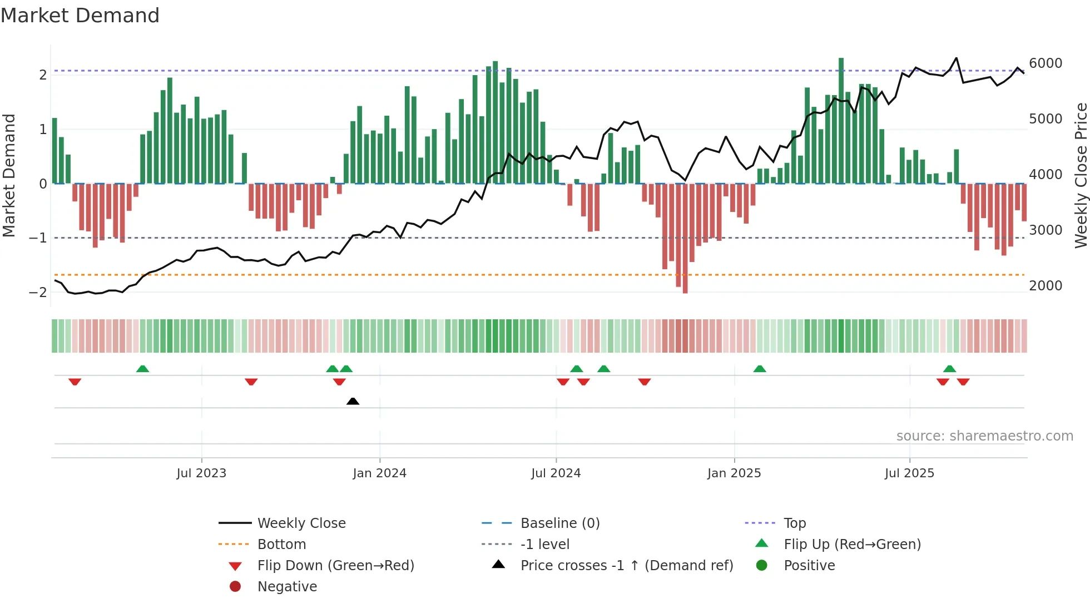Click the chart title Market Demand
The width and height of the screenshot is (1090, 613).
[80, 16]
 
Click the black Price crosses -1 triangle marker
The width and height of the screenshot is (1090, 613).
[353, 401]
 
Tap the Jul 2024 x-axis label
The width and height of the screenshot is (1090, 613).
[556, 473]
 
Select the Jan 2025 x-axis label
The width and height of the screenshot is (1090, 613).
[734, 473]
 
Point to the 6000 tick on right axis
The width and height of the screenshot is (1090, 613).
[1046, 63]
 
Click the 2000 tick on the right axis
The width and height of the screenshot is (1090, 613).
[1046, 286]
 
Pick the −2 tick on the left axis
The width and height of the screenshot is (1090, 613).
[38, 293]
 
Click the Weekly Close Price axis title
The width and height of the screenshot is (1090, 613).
[1081, 175]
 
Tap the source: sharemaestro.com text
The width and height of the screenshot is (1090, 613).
[984, 436]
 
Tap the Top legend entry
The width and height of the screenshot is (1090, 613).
[795, 523]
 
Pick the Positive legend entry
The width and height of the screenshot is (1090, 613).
[809, 566]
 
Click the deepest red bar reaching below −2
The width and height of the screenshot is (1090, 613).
[685, 239]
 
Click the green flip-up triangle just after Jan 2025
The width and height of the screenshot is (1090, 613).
[760, 369]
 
